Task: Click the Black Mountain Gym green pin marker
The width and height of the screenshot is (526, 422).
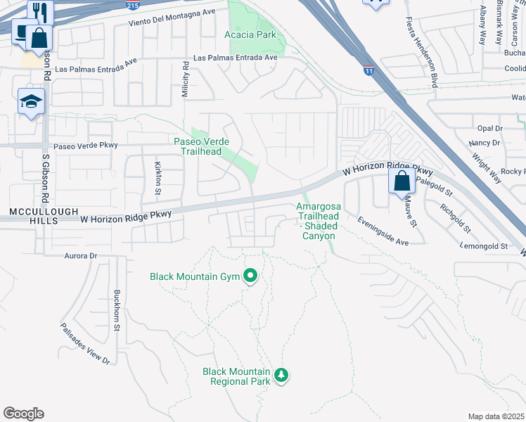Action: click(250, 276)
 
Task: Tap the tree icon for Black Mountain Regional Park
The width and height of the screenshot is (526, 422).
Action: click(281, 375)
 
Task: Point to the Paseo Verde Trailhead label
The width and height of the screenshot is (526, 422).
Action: click(198, 146)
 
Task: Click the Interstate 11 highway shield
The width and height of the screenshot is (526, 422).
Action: click(368, 70)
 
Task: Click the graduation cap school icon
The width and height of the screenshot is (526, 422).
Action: click(31, 103)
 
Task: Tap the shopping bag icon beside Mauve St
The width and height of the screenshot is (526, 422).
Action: click(401, 181)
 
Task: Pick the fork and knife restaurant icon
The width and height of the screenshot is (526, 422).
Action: click(40, 11)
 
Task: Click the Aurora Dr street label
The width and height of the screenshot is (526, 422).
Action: click(79, 256)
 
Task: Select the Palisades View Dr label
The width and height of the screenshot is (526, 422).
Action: click(85, 343)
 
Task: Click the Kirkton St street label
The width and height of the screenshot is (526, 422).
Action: click(158, 178)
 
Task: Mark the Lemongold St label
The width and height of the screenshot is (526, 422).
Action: click(484, 246)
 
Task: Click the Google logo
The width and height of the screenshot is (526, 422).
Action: click(23, 414)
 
